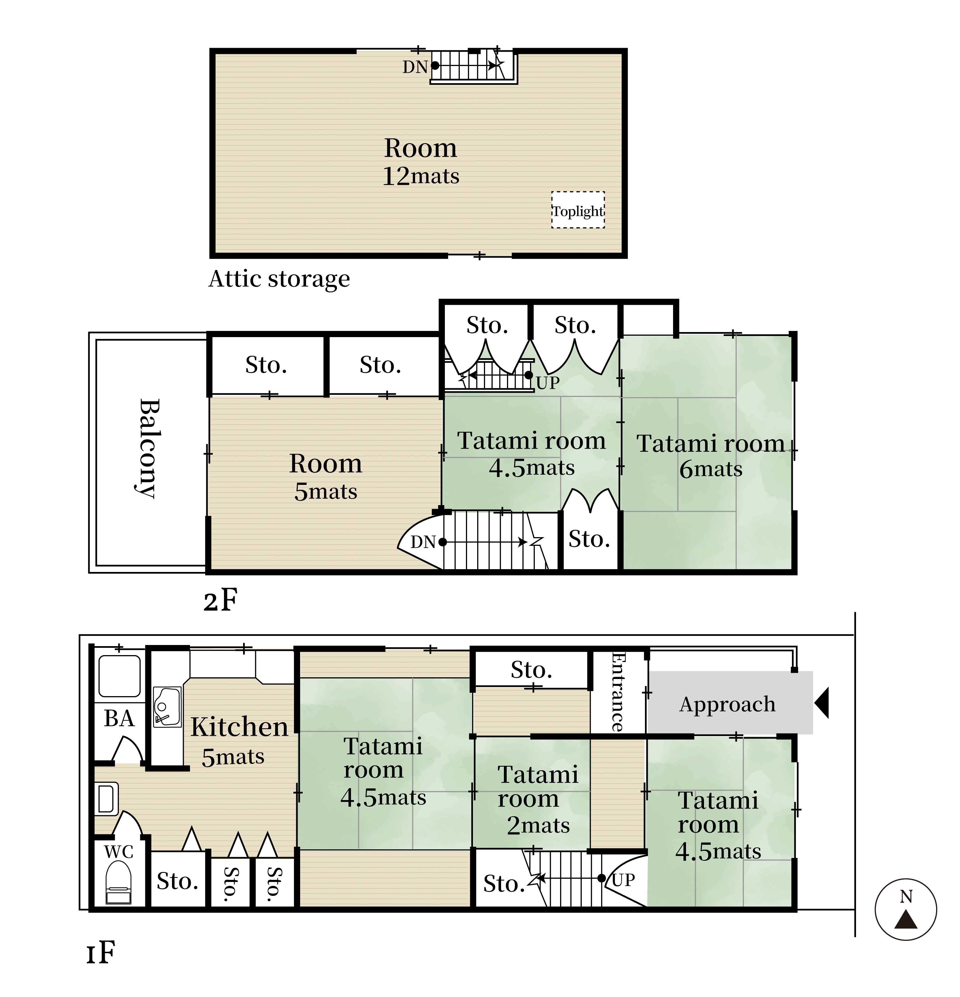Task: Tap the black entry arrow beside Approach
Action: coord(822,703)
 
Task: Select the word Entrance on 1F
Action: coord(618,692)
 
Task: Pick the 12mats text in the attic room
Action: coord(421,176)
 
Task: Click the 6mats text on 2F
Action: coord(711,469)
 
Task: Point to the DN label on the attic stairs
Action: coord(415,67)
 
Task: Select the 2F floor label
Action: coord(220,601)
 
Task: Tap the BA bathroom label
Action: coord(119,719)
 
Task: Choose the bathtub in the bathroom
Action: coord(119,676)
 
